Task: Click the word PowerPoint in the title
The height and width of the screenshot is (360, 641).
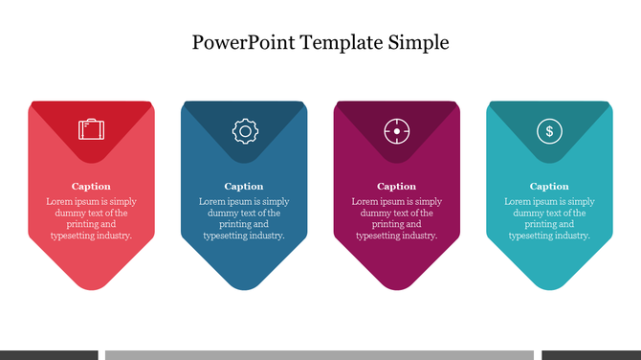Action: coord(242,43)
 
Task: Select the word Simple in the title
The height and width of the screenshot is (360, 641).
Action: coord(418,43)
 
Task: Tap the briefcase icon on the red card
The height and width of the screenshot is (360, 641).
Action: coord(91,128)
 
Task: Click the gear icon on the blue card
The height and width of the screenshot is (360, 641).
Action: coord(244,131)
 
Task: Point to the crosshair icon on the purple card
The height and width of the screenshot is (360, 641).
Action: coord(396,131)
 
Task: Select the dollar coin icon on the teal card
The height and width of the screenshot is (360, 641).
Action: coord(549,131)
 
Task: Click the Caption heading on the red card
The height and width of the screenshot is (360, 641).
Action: coord(91,186)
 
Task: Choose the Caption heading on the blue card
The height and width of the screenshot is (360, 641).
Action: coord(244,186)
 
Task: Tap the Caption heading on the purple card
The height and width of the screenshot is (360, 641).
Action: coord(396,186)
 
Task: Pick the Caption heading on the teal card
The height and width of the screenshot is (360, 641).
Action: coord(549,186)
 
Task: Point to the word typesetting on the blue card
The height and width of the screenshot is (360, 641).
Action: coord(226,235)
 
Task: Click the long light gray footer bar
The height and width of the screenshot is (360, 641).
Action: coord(319,354)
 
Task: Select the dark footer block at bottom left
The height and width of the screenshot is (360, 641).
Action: coord(48,354)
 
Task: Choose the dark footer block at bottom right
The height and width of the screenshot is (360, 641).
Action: coord(590,354)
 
